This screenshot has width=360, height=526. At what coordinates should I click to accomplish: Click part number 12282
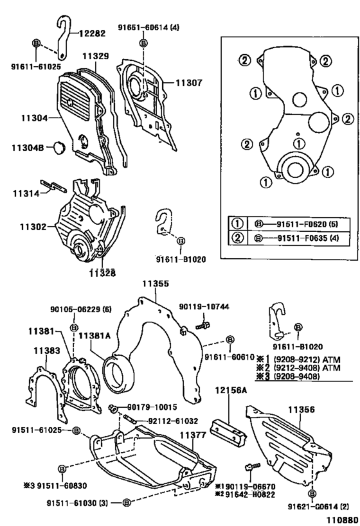[92, 33]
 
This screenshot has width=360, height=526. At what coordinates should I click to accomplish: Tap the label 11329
[96, 56]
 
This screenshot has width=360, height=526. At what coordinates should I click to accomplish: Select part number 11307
[189, 82]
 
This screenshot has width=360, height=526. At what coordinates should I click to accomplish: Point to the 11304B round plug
[60, 148]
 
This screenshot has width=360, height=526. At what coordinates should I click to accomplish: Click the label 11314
[26, 193]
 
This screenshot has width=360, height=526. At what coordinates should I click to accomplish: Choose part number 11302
[33, 227]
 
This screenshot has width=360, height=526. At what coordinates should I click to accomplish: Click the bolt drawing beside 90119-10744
[203, 325]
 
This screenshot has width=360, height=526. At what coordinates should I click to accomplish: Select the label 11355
[156, 284]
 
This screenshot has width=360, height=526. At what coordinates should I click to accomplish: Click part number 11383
[47, 351]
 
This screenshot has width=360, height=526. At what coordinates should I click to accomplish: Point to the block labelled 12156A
[228, 433]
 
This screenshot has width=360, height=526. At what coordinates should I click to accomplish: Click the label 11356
[301, 410]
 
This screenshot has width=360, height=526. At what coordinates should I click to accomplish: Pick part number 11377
[192, 435]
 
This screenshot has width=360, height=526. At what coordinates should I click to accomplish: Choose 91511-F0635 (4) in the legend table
[309, 238]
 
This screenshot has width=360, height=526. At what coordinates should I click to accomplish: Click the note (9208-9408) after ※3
[296, 376]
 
